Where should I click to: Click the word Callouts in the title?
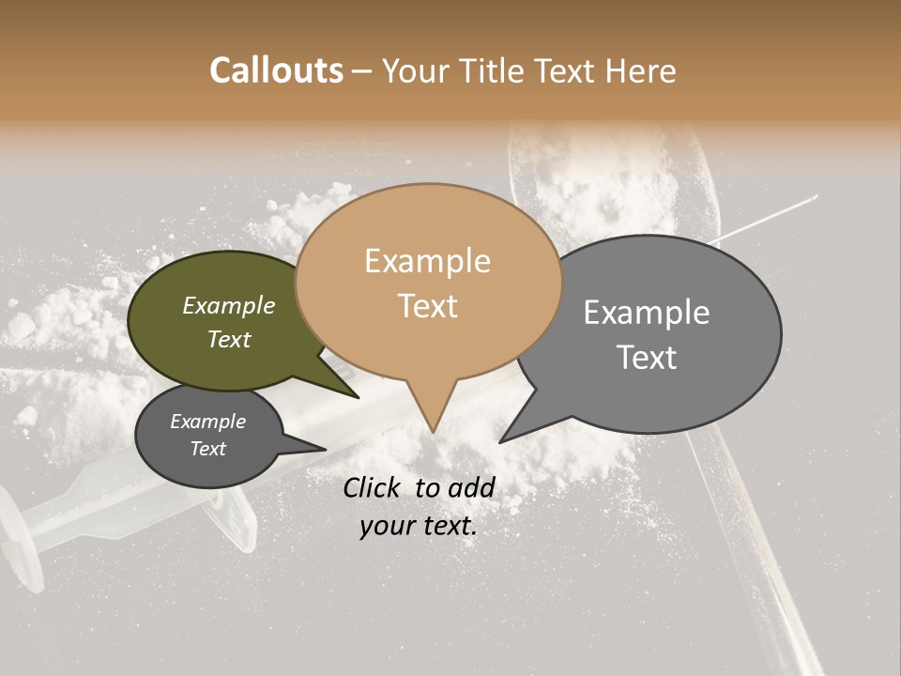276,70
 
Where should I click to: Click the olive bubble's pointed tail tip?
358,397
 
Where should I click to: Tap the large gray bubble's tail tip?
501,441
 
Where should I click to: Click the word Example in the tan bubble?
427,261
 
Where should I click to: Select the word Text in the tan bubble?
428,306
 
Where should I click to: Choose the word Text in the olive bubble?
229,339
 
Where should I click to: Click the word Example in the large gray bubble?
647,313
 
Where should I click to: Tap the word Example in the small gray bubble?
207,422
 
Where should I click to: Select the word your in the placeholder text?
389,527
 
